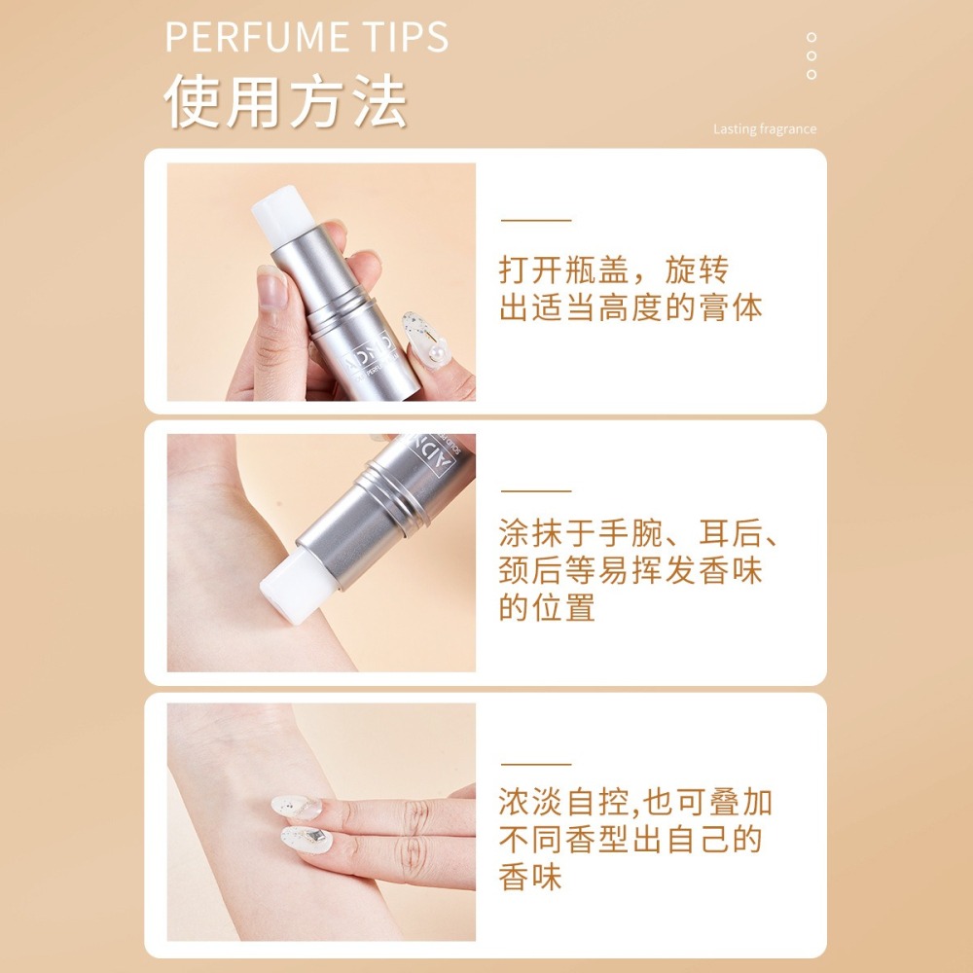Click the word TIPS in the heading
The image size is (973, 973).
(x=409, y=37)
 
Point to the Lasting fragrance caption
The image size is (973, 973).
(x=765, y=129)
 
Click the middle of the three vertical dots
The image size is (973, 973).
(x=811, y=55)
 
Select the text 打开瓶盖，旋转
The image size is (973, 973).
(x=613, y=270)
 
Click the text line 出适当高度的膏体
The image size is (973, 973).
(x=631, y=308)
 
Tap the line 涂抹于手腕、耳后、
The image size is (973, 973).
(x=642, y=533)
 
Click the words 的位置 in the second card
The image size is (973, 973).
(x=547, y=609)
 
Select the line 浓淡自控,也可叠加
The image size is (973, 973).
(x=635, y=803)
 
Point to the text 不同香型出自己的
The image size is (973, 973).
(x=631, y=841)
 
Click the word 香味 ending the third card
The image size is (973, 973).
(x=530, y=878)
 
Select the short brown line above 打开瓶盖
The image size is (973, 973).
(x=535, y=221)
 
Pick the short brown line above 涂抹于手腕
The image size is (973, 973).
(x=535, y=491)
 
